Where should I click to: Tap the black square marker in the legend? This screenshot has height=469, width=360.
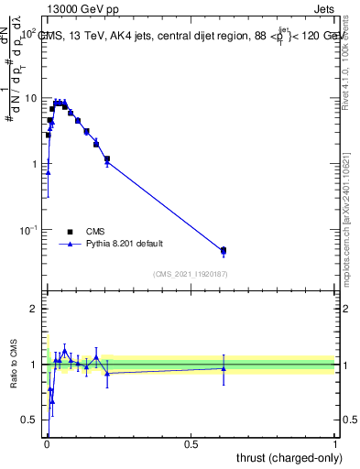[70, 232]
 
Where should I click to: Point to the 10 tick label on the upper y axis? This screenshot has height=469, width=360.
[30, 98]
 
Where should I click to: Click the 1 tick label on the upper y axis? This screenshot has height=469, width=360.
[33, 164]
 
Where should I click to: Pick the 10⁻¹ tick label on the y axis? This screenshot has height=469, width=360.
[28, 230]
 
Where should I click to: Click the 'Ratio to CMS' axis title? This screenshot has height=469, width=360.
[14, 364]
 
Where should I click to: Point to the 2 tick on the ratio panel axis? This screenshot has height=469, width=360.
[33, 309]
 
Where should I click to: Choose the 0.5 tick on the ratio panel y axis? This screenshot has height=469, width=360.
[29, 420]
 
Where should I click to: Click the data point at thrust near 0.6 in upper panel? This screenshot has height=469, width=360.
[224, 250]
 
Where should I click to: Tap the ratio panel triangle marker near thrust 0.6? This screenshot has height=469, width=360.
[224, 368]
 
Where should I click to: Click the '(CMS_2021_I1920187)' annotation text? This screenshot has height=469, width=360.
[191, 273]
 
